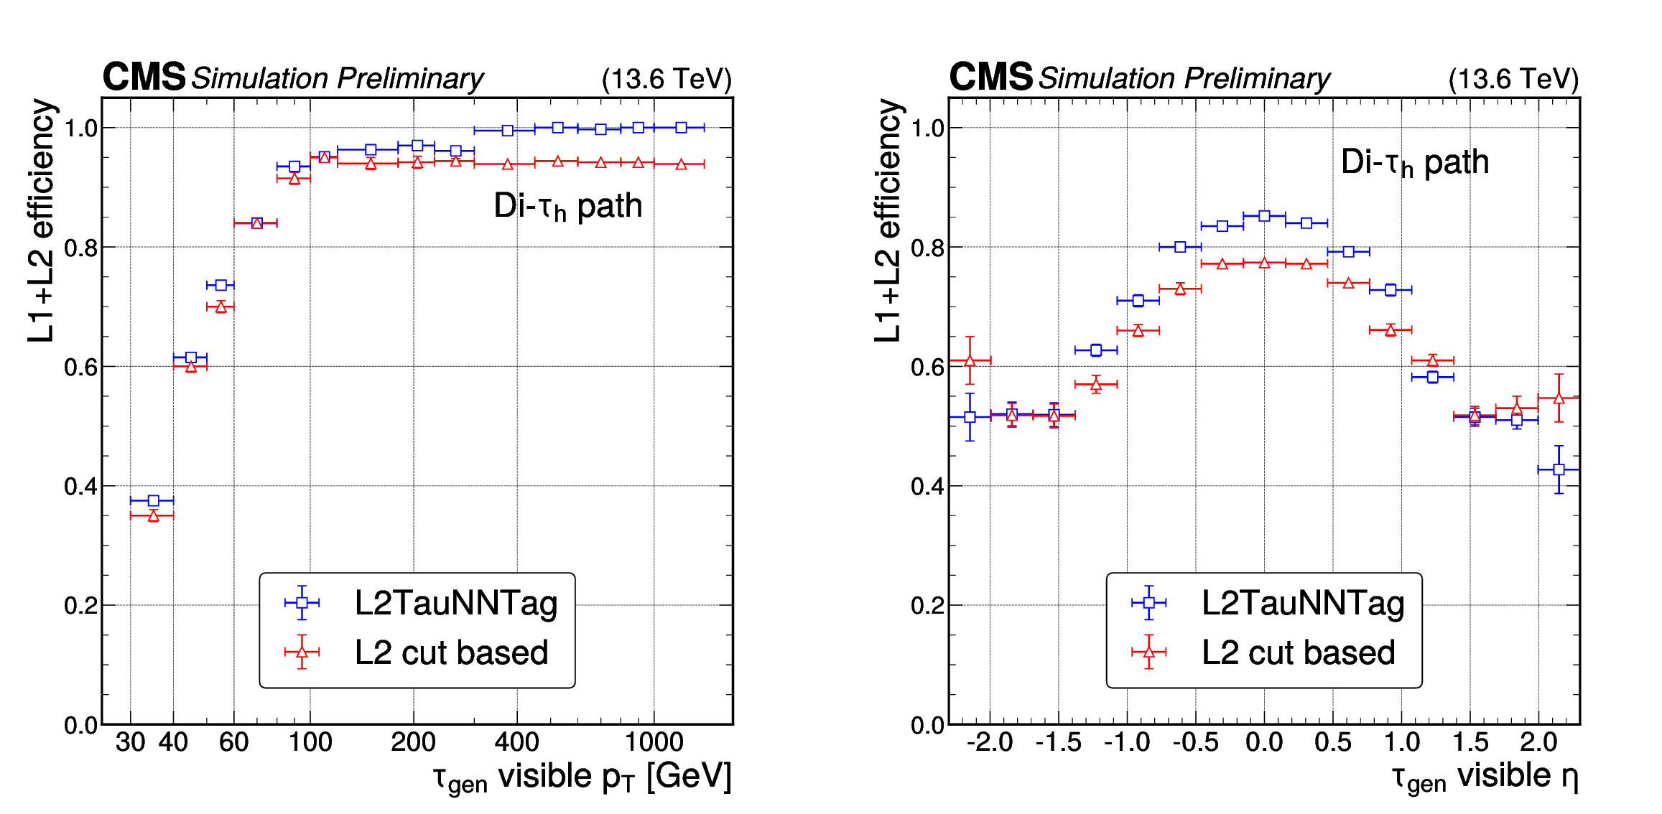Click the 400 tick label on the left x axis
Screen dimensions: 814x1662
pyautogui.click(x=516, y=742)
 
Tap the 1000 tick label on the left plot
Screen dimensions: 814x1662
pyautogui.click(x=654, y=742)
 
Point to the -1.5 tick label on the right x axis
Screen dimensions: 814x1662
pyautogui.click(x=1058, y=742)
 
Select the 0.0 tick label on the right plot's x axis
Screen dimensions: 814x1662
pyautogui.click(x=1264, y=742)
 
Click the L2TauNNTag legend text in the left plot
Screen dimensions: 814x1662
pyautogui.click(x=456, y=603)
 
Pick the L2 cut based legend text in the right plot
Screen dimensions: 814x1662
pyautogui.click(x=1299, y=652)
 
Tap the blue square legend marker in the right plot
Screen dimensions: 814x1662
pyautogui.click(x=1148, y=603)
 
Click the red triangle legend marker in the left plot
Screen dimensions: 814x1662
pyautogui.click(x=302, y=652)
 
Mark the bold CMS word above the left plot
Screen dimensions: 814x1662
pyautogui.click(x=144, y=77)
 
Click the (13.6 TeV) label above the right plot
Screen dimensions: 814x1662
pyautogui.click(x=1513, y=79)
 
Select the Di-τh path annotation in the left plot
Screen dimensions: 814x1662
pyautogui.click(x=567, y=206)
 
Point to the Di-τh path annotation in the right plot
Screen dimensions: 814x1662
pyautogui.click(x=1414, y=163)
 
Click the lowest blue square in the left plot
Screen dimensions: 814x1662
pyautogui.click(x=153, y=500)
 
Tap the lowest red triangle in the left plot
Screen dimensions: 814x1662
pyautogui.click(x=153, y=516)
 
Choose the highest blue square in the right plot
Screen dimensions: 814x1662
pyautogui.click(x=1264, y=215)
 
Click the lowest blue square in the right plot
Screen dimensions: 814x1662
pyautogui.click(x=1559, y=469)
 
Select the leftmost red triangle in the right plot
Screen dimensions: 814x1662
pyautogui.click(x=970, y=360)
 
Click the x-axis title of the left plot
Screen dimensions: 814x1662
pyautogui.click(x=582, y=777)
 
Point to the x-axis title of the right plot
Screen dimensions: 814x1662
pyautogui.click(x=1485, y=777)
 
